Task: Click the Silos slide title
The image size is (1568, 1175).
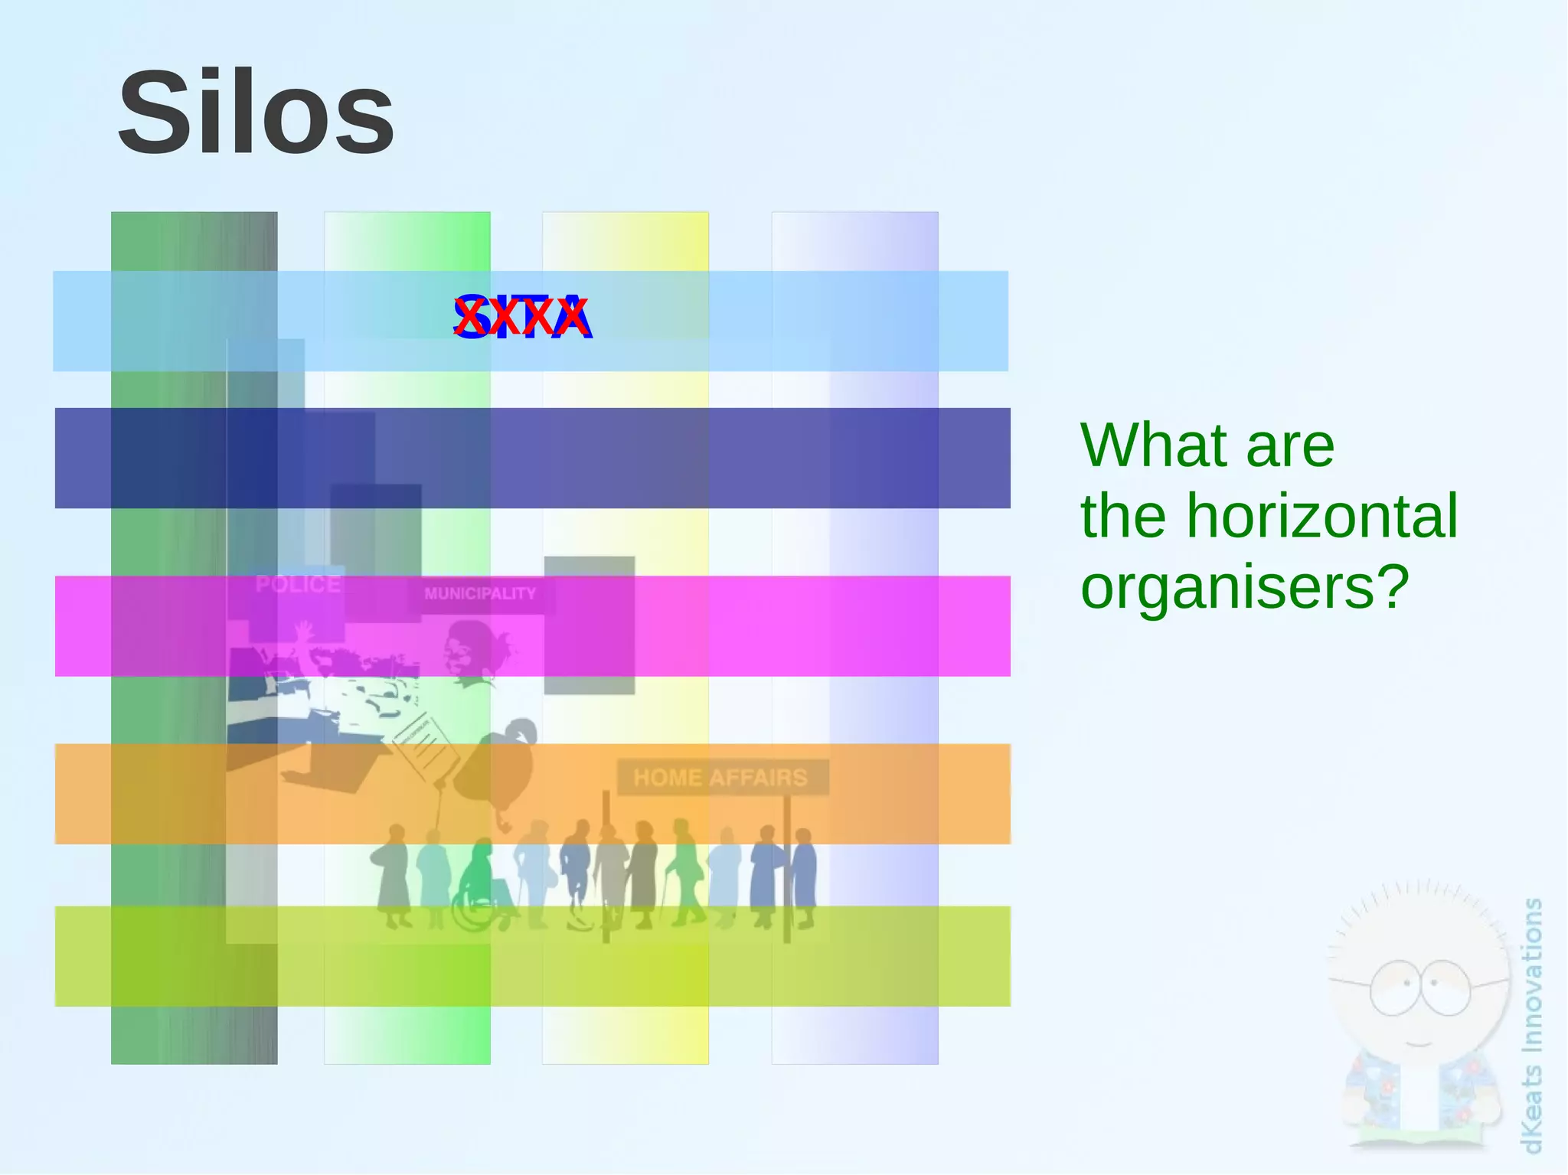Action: click(256, 113)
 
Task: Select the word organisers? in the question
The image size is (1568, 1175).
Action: click(1244, 586)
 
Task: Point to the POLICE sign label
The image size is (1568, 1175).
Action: click(298, 584)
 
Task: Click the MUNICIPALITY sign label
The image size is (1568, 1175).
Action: click(480, 594)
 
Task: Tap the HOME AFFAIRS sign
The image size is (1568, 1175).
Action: click(721, 778)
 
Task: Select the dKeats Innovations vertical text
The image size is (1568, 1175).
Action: click(1532, 1026)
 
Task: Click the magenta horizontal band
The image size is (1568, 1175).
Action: click(842, 626)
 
